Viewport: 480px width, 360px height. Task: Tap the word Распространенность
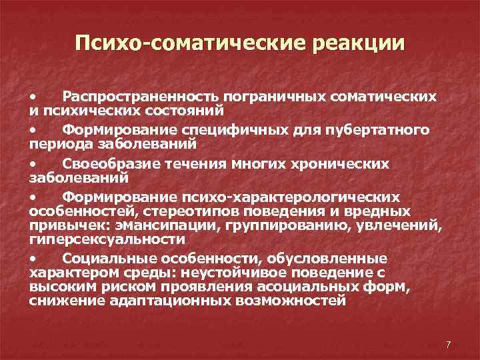(x=141, y=97)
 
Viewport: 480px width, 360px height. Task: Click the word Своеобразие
(x=104, y=163)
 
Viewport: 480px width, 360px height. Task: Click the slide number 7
(x=448, y=344)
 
